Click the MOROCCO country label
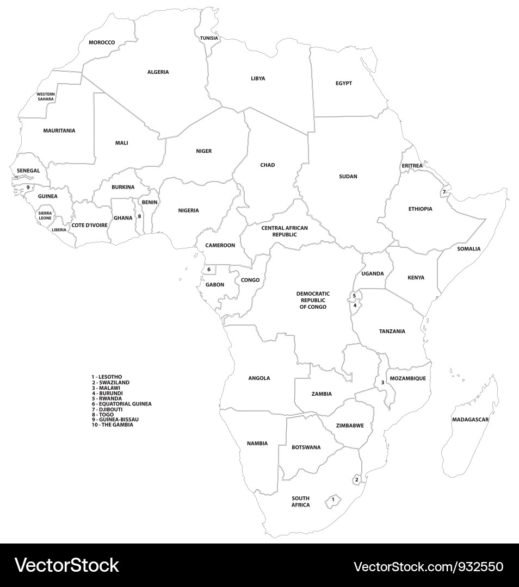coord(102,42)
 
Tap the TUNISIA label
coord(209,38)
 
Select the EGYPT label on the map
coord(344,83)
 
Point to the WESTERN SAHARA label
coord(46,97)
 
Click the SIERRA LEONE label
coord(45,215)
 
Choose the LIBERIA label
coord(59,230)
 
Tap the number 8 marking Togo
coord(139,216)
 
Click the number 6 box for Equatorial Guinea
coord(209,269)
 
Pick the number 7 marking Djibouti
coord(443,192)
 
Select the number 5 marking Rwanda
coord(354,296)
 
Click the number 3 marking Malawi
coord(382,383)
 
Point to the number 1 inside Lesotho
coord(333,499)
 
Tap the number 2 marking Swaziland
coord(356,479)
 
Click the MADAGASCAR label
coord(471,420)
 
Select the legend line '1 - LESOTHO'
coord(107,377)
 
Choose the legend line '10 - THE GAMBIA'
coord(112,424)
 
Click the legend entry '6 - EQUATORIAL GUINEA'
coord(121,404)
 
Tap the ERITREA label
coord(412,165)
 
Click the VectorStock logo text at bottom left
coord(67,565)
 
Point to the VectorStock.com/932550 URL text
coord(428,566)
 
